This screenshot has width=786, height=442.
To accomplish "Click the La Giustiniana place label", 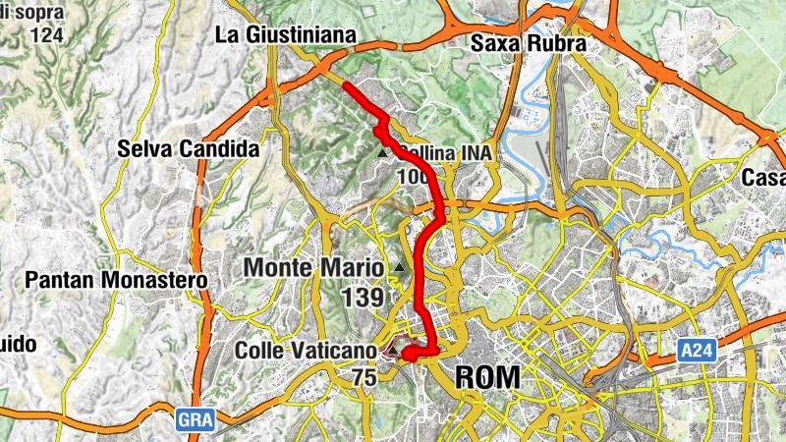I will click(285, 36).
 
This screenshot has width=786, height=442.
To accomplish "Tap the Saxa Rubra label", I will click(528, 44).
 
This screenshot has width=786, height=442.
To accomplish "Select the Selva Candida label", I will click(187, 149).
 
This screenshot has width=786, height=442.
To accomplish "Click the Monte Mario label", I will click(313, 267).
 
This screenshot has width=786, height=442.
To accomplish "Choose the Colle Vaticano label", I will click(306, 351).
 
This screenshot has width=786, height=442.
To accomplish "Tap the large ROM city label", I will click(487, 377).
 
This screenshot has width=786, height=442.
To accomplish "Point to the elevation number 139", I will click(362, 296).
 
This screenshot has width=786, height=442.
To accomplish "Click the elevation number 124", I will click(46, 34).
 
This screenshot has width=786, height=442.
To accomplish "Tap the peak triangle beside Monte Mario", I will click(400, 267).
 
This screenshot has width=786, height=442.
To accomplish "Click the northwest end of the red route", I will click(345, 86).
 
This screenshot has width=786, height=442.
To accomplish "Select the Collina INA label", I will click(445, 154).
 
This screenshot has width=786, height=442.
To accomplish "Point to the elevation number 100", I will click(414, 178).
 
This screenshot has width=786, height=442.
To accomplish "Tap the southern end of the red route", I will click(405, 355).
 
